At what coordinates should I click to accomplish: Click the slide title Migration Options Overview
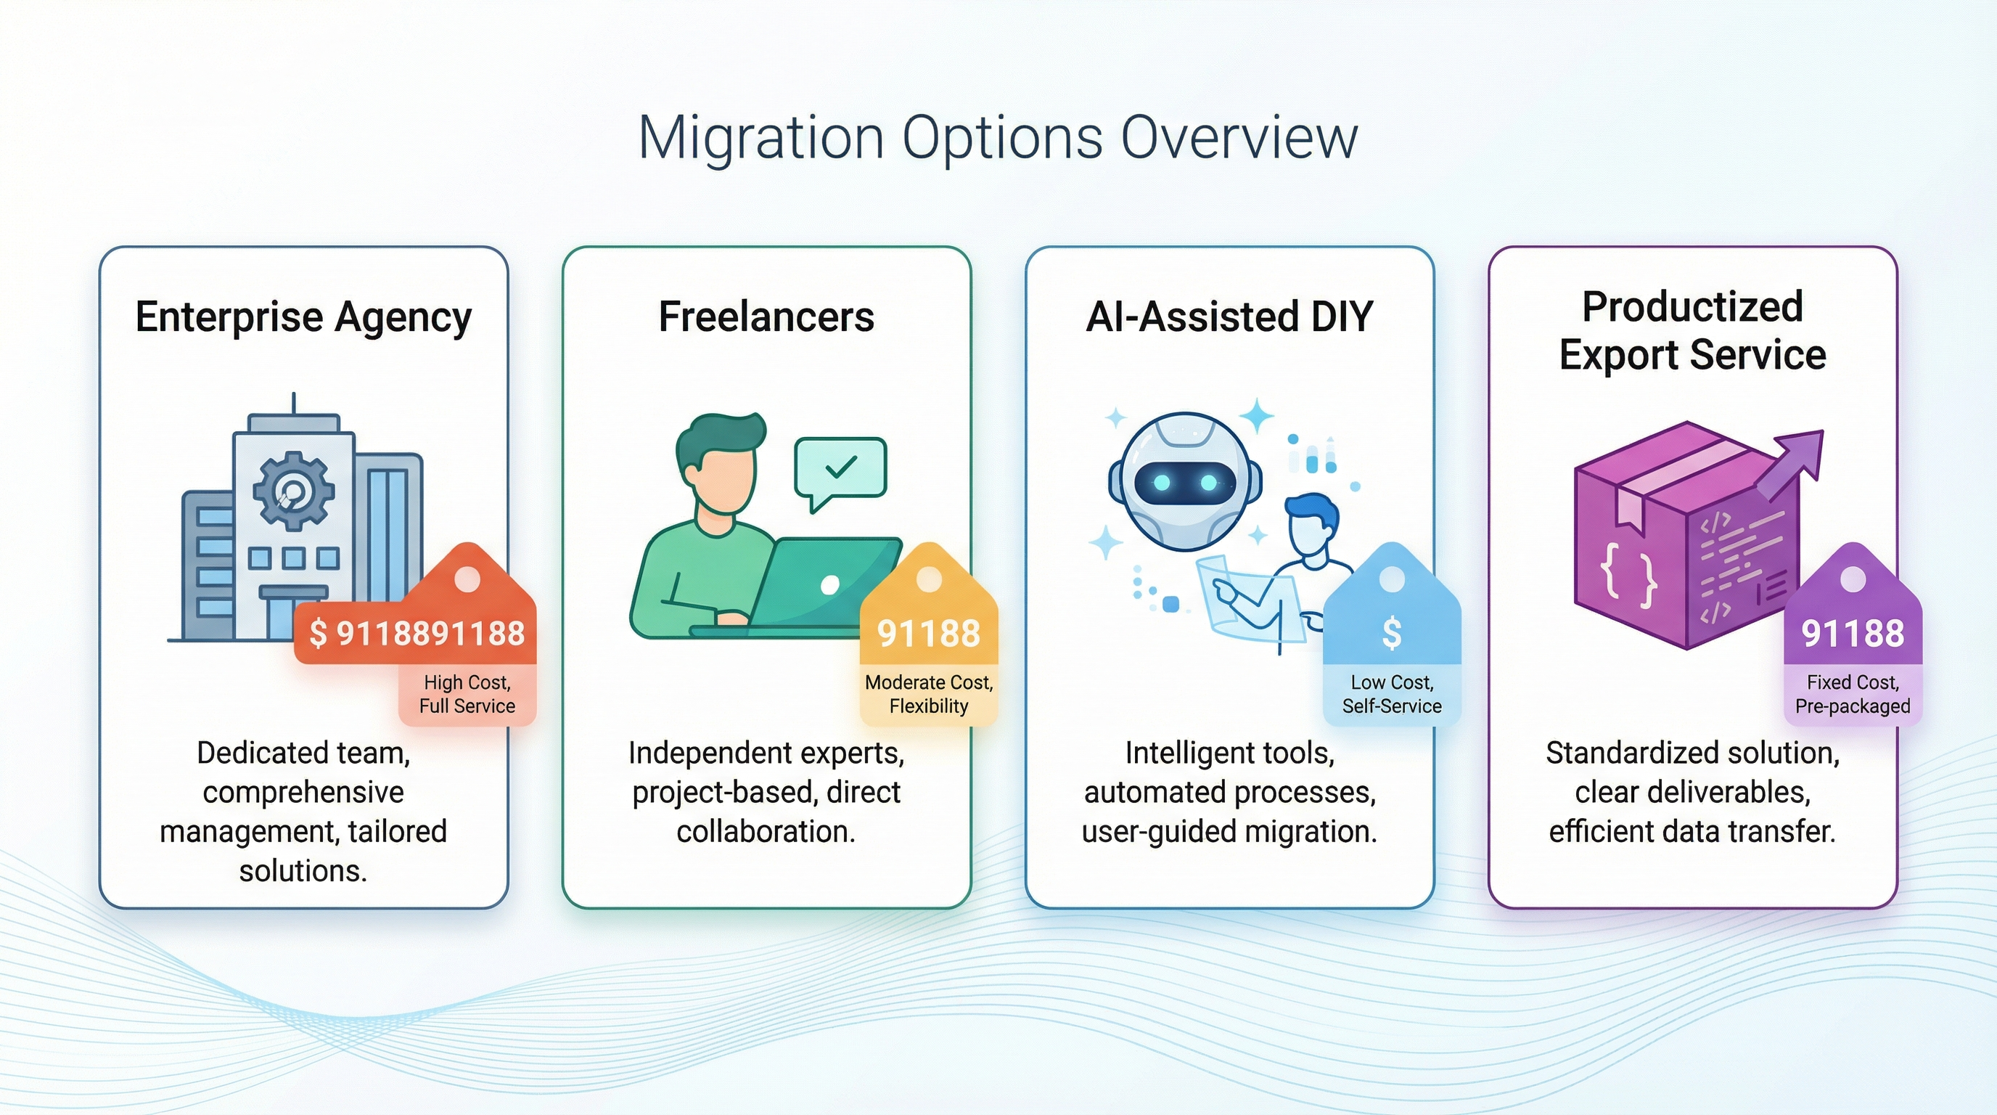(998, 138)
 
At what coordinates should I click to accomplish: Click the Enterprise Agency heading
(303, 317)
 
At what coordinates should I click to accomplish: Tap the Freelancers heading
(766, 317)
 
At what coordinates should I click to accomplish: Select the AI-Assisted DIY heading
(1229, 317)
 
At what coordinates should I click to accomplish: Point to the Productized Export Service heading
(1692, 330)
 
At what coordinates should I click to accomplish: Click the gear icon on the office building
(294, 490)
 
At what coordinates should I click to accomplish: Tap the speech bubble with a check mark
(840, 467)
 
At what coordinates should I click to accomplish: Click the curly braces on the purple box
(1629, 574)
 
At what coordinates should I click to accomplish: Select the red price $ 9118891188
(417, 634)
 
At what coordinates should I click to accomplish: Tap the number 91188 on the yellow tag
(929, 634)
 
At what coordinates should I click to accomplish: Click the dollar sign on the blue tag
(1392, 634)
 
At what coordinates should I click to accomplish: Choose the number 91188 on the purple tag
(1852, 634)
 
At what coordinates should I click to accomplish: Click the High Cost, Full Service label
(467, 694)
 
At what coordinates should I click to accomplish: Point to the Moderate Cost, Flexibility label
(929, 694)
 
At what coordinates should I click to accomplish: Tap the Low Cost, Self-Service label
(1392, 694)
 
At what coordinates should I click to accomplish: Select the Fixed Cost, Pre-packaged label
(1852, 694)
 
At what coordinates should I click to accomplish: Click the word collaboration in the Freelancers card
(765, 831)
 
